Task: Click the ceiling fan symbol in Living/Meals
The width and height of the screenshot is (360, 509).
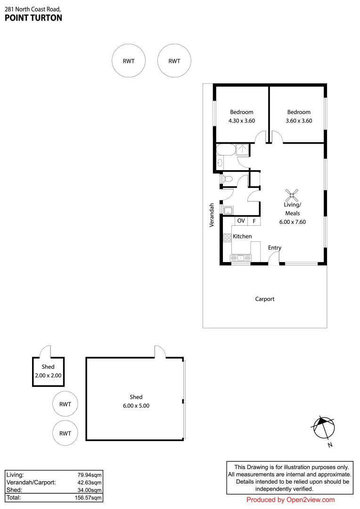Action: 293,194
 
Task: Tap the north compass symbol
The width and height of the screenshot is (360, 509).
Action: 323,427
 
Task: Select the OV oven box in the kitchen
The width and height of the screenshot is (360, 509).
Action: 241,221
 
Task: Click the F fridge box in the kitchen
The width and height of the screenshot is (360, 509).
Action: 254,221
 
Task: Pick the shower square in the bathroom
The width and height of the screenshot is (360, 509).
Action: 243,149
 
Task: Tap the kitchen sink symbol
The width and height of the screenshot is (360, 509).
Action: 240,258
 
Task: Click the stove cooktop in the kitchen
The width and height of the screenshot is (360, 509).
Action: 227,238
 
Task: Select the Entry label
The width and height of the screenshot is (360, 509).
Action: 275,248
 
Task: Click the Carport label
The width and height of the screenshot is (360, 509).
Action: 265,299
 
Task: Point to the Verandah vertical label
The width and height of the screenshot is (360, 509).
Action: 212,215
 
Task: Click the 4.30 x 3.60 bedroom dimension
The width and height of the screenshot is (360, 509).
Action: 241,121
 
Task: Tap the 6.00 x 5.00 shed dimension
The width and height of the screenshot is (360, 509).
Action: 136,405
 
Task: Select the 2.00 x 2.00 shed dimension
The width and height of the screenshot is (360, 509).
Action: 48,376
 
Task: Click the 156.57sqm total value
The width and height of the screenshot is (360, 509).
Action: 90,498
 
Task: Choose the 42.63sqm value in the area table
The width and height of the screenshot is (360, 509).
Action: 90,483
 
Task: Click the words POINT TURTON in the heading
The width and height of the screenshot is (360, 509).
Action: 33,18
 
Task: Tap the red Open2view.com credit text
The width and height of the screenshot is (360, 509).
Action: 290,500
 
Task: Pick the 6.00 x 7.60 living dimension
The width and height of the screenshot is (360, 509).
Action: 292,222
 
